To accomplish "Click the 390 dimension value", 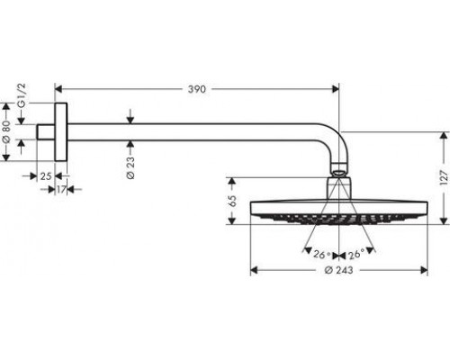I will tap(197, 89).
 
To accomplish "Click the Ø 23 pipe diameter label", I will tap(130, 168).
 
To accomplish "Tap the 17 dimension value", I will tap(61, 190).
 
